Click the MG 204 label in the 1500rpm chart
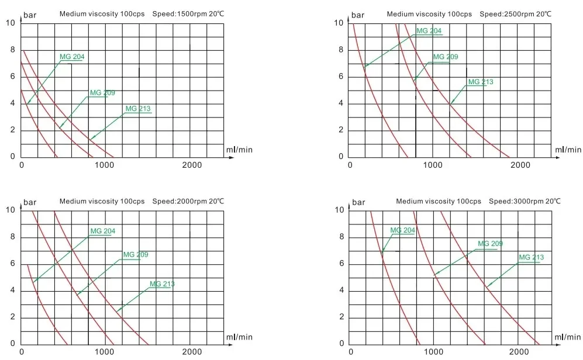click(72, 57)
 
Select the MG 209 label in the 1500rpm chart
click(102, 93)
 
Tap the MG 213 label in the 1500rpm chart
click(138, 108)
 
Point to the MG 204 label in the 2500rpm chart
click(429, 31)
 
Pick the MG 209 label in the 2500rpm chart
click(445, 57)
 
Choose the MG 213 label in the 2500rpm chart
click(481, 82)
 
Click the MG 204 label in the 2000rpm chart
click(102, 231)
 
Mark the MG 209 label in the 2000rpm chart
click(136, 255)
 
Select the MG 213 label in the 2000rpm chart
click(162, 284)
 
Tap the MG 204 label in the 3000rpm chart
click(402, 230)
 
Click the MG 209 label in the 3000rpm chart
click(490, 244)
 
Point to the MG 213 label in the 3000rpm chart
click(531, 257)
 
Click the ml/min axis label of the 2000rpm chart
click(239, 337)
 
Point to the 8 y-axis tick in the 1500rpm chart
click(13, 50)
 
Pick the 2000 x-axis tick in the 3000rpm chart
click(520, 352)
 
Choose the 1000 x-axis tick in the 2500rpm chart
click(433, 165)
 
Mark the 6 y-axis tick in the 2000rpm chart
click(13, 264)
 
